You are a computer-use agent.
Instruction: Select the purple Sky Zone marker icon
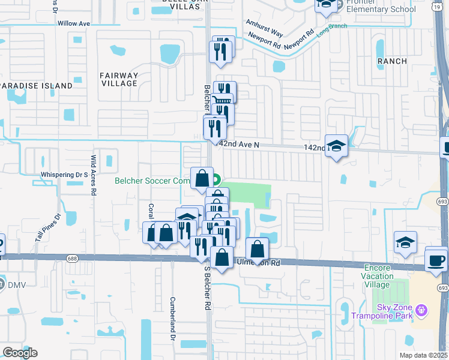422,310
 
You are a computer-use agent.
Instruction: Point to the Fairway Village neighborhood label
120,79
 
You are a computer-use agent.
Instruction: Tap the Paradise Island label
36,86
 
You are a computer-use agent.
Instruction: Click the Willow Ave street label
74,23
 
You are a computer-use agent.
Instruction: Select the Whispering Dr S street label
64,175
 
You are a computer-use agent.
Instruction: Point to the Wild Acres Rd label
94,176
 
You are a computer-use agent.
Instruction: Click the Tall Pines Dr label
48,227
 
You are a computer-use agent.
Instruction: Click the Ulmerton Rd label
259,263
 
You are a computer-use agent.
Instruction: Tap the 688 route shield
72,259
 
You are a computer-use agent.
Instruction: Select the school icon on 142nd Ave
337,146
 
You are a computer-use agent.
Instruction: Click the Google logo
20,353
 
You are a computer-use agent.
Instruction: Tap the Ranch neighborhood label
392,61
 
